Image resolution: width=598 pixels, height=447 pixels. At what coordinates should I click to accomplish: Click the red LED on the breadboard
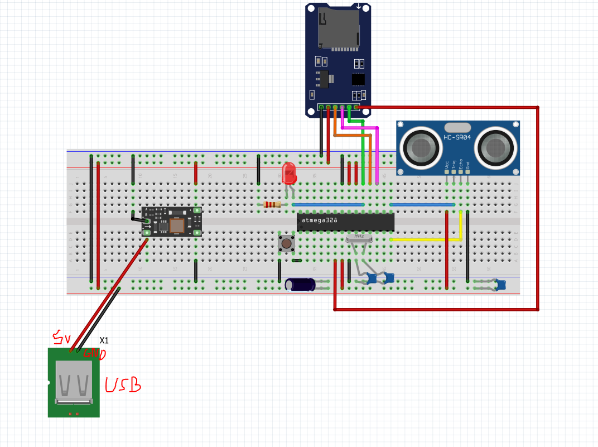point(288,174)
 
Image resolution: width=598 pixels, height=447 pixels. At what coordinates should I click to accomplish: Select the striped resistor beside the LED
point(272,205)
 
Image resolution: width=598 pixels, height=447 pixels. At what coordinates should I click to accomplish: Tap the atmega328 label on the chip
point(320,220)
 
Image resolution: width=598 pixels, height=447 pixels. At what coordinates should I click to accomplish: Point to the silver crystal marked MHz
point(359,237)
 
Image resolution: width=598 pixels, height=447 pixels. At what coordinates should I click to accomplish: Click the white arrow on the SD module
point(358,7)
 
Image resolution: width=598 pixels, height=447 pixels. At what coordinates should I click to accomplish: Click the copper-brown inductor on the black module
point(177,225)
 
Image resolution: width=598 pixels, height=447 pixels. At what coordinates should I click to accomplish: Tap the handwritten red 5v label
point(61,337)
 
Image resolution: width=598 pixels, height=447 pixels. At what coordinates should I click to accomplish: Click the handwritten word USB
point(123,385)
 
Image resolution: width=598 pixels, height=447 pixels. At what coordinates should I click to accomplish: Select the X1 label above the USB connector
point(104,340)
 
